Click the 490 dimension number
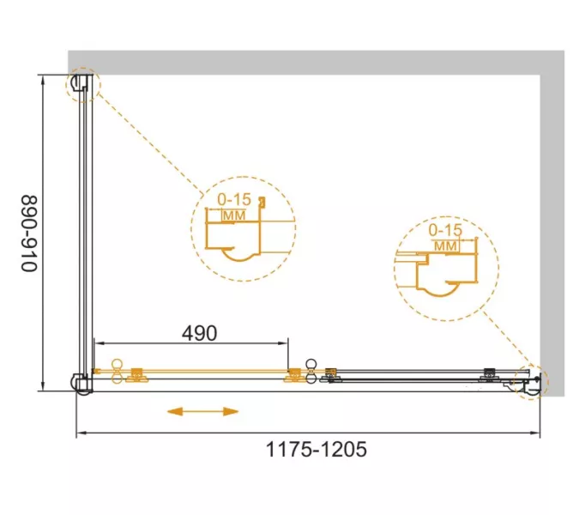coord(199,333)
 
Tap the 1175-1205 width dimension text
coord(317,450)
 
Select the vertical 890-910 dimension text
coord(29,233)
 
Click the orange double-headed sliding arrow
coord(202,411)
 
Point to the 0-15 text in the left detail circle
coord(234,199)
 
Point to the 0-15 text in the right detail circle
coord(445,231)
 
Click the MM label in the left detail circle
coord(234,215)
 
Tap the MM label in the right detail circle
coord(446,246)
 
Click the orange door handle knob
coord(118,372)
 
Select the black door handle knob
coord(311,372)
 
